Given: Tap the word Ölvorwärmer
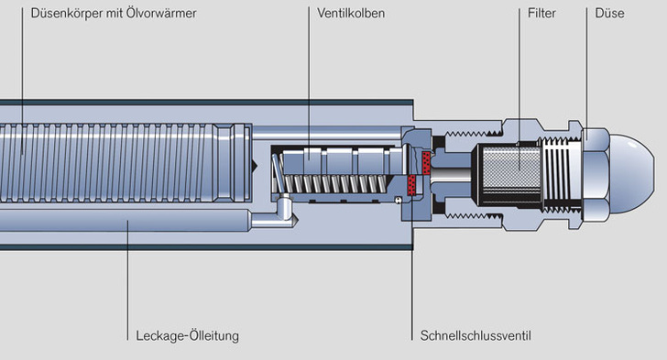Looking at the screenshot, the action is [x=161, y=13].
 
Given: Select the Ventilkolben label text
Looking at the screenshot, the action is [x=351, y=13].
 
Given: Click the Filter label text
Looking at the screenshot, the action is [x=541, y=13].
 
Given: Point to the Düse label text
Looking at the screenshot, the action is [x=609, y=13].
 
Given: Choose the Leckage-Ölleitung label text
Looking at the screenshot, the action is [x=187, y=336].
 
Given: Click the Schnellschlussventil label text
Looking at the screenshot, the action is [x=476, y=336].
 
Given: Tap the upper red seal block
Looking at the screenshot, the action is [x=426, y=162].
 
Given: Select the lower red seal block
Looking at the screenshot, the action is [x=411, y=185].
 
